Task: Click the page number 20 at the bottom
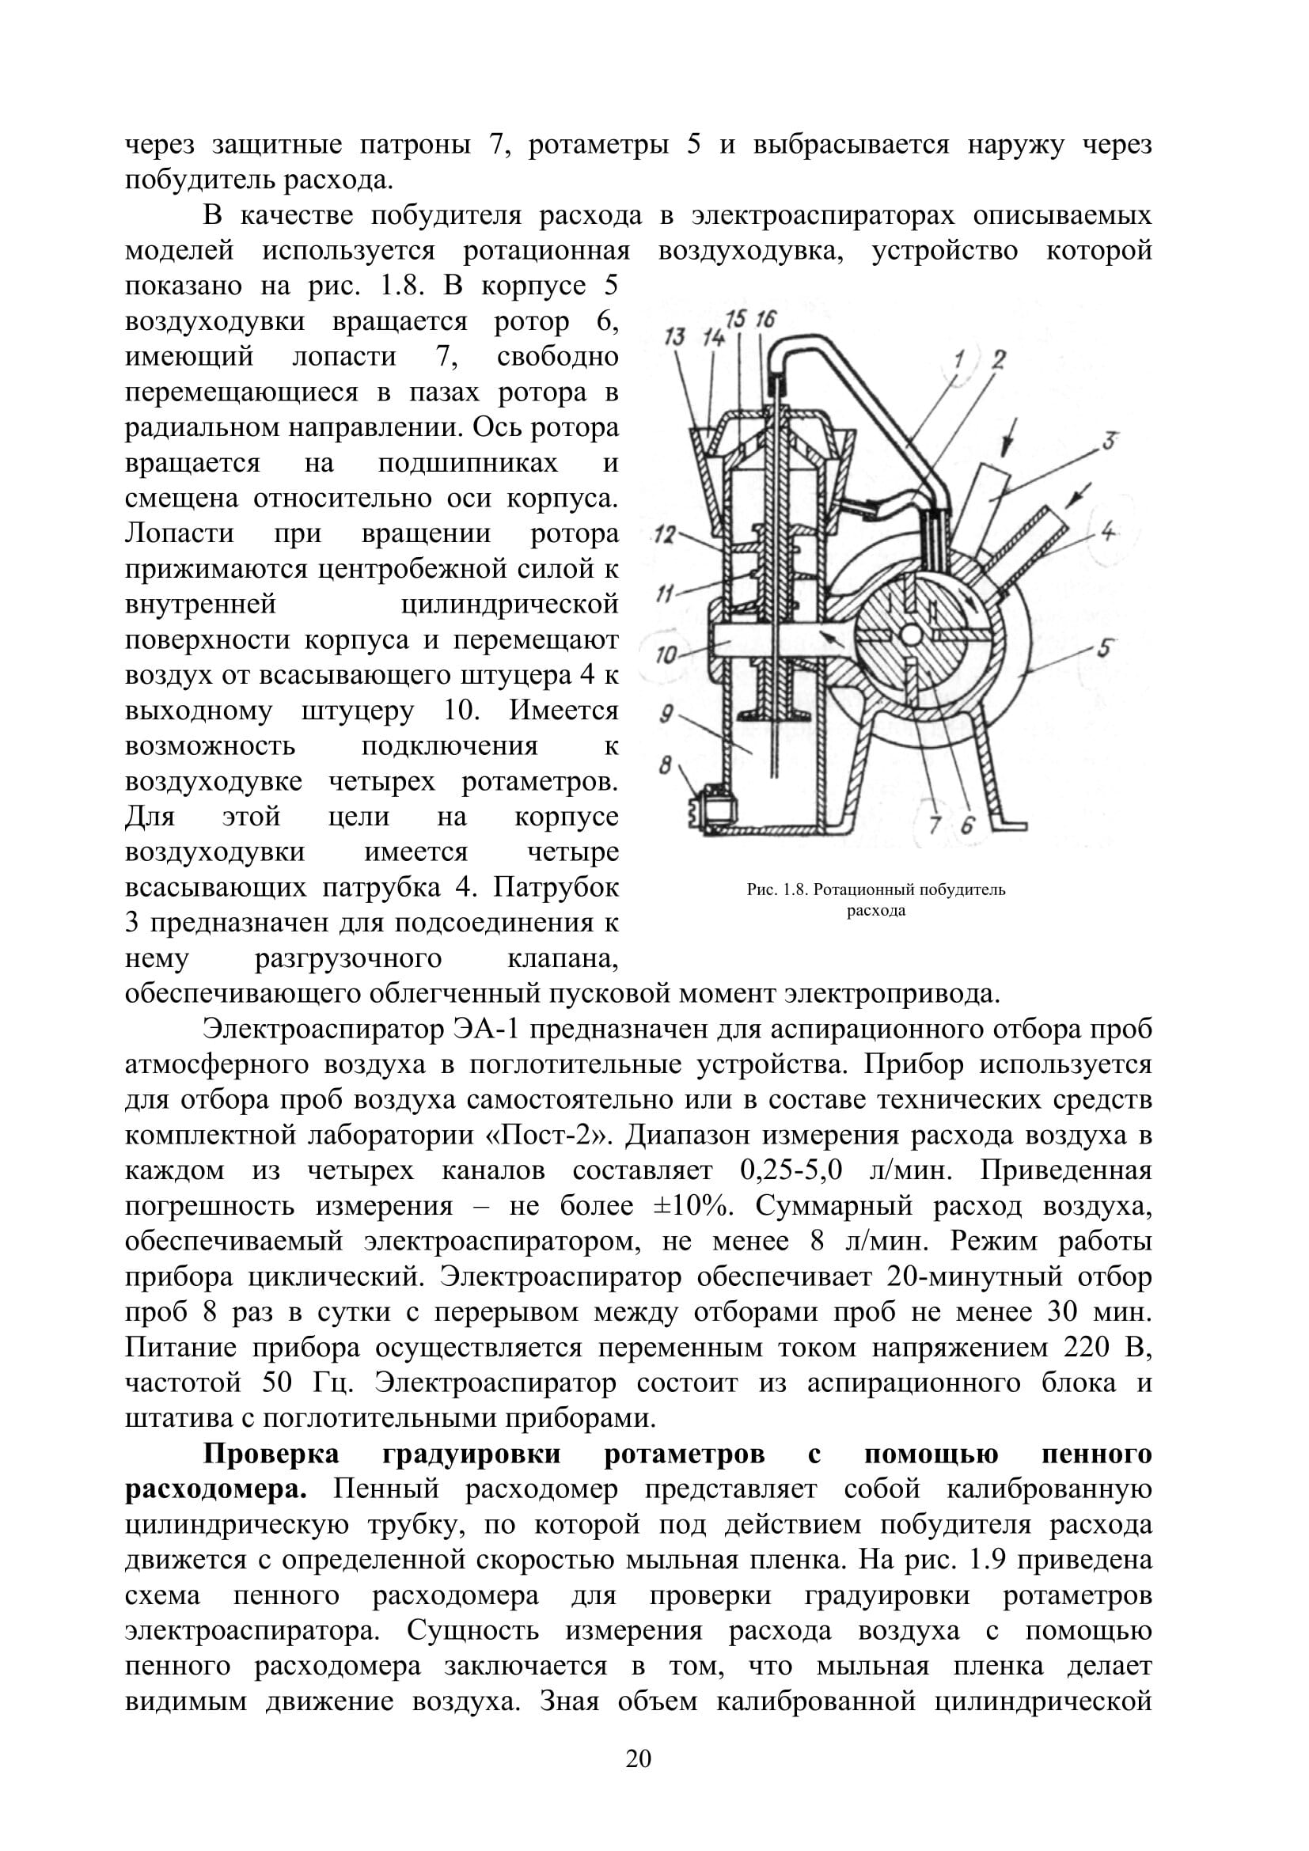(638, 1758)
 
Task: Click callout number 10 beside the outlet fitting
(666, 654)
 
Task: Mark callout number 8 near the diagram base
(665, 764)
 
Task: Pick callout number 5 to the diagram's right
(1103, 647)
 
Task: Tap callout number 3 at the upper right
(1109, 441)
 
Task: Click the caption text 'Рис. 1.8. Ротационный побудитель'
(875, 890)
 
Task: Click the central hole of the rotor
(910, 635)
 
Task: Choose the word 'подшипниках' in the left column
(468, 464)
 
